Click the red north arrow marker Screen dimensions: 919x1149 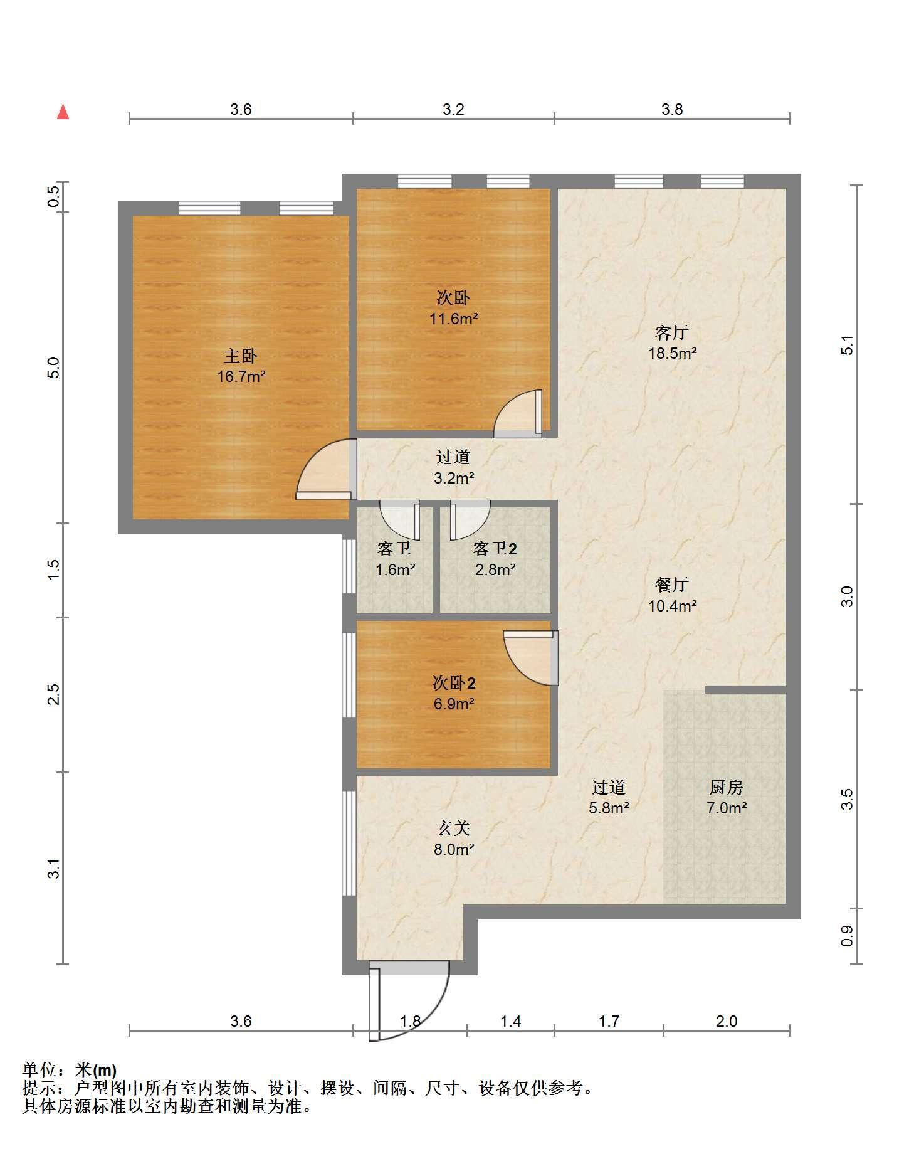click(x=63, y=112)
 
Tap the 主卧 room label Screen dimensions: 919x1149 click(x=241, y=356)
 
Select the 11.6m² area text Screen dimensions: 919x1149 click(x=453, y=319)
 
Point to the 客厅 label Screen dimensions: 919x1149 click(x=672, y=332)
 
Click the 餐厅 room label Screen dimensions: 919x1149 click(x=672, y=585)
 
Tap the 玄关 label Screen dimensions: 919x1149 click(x=453, y=829)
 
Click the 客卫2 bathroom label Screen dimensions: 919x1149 click(x=495, y=549)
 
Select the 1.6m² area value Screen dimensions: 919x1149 click(x=395, y=570)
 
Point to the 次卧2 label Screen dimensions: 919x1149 click(x=453, y=682)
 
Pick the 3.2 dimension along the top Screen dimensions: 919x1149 click(x=453, y=110)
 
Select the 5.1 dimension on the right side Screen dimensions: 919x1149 click(x=847, y=346)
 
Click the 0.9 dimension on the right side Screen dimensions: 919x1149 click(x=847, y=936)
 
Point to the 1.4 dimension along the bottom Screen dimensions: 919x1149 click(x=510, y=1022)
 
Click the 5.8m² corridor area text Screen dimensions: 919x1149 click(x=609, y=808)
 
